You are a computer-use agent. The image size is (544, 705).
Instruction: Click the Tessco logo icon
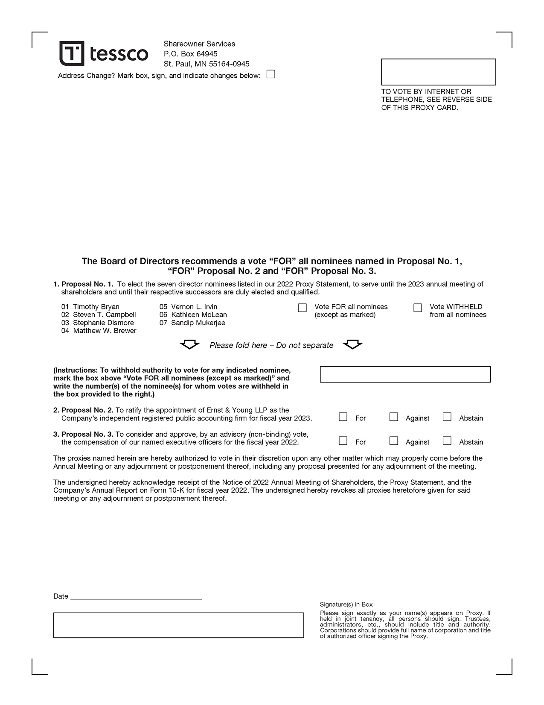72,53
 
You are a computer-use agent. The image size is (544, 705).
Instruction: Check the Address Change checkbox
271,74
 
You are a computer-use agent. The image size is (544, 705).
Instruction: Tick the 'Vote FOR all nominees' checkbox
302,308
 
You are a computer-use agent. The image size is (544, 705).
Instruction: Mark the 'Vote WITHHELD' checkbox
418,308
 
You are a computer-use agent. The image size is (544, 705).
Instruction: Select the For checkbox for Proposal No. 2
343,417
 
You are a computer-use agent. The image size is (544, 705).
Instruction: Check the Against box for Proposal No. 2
394,417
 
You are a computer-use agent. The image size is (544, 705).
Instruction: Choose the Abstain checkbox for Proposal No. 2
447,417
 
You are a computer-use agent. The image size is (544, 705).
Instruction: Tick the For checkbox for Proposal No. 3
343,441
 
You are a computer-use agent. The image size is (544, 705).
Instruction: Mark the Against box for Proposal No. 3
394,441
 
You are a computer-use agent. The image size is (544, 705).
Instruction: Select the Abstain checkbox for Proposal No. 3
447,441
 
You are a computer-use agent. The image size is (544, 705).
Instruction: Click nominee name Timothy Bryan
96,307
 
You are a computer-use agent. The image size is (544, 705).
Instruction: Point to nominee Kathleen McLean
199,315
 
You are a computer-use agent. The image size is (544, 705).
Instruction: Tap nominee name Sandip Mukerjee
198,323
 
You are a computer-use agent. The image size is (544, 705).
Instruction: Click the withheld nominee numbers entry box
405,374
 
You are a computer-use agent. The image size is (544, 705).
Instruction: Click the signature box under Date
178,625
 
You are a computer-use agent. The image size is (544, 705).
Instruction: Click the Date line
136,596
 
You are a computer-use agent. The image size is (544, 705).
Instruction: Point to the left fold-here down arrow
189,344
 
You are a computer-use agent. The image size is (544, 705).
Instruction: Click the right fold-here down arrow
352,344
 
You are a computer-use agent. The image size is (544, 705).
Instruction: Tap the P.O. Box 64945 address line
190,54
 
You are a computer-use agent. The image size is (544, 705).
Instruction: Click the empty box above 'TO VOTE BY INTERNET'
438,72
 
